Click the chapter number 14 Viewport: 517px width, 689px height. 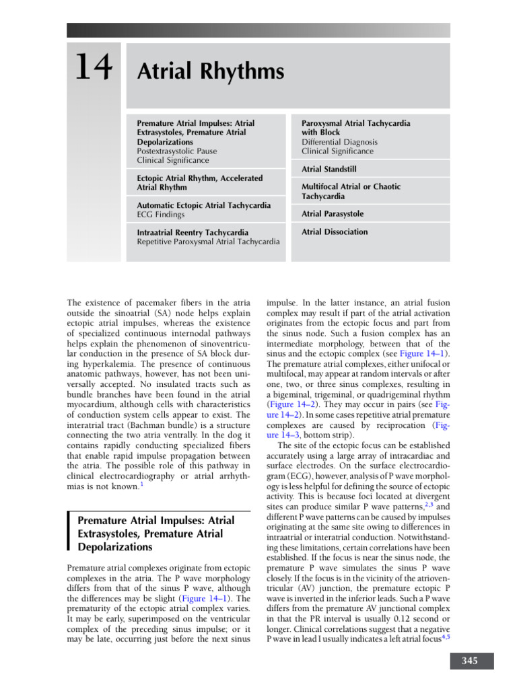94,69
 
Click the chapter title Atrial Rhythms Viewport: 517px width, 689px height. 210,72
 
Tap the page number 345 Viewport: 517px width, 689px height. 470,661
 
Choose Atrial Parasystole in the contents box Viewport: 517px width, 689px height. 333,214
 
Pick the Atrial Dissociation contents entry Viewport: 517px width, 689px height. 335,232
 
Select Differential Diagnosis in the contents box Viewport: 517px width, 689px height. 339,142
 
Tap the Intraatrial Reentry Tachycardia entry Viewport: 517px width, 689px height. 193,232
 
